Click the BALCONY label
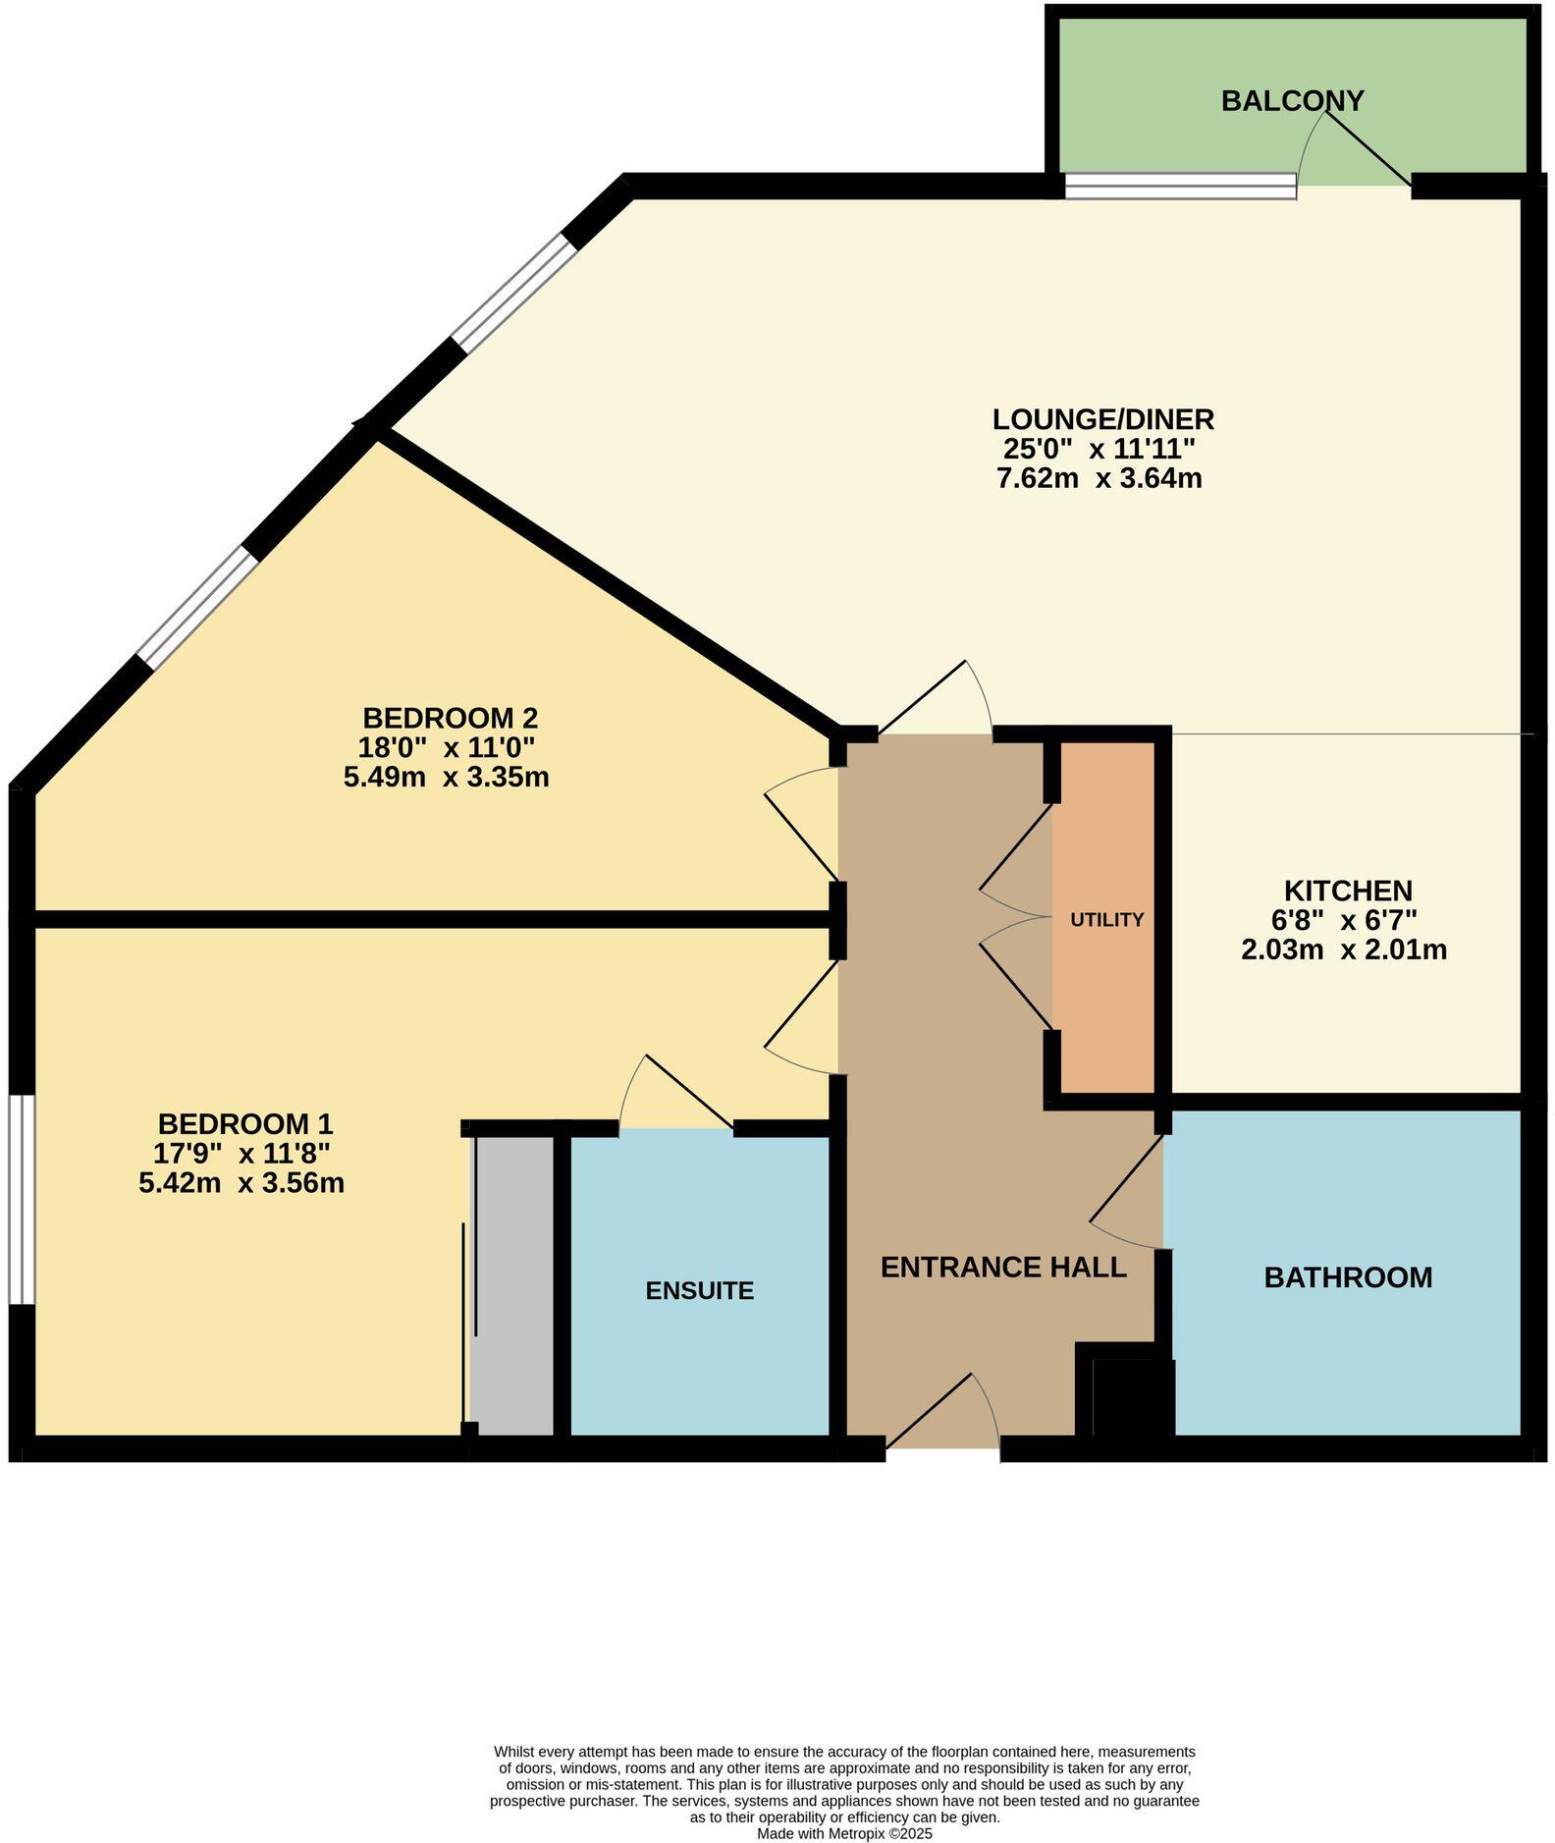[1292, 101]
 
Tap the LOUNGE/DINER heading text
[1102, 419]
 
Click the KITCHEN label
[1348, 891]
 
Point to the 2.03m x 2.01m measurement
[1344, 950]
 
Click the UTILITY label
[1106, 920]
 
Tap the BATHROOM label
[1348, 1277]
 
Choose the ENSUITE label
[699, 1290]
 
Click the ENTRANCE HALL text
[1002, 1268]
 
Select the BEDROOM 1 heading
[245, 1123]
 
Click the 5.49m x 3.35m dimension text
[446, 778]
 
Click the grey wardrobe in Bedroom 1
[512, 1285]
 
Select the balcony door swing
[1355, 147]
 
